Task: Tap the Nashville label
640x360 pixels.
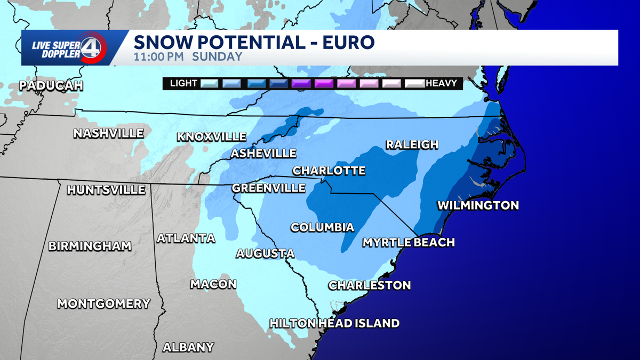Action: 109,133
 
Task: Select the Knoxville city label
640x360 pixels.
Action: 212,137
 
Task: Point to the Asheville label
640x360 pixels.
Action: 263,154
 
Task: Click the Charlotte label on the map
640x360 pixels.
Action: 329,171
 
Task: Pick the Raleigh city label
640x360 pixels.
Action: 412,145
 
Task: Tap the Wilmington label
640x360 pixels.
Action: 478,205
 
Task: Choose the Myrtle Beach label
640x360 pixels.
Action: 409,243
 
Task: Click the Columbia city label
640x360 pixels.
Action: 322,227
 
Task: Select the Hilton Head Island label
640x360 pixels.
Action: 334,323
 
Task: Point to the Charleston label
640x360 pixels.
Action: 370,285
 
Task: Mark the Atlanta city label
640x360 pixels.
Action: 186,238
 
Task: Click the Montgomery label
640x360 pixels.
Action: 104,303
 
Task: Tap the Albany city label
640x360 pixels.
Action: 188,347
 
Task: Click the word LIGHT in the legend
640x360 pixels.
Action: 183,83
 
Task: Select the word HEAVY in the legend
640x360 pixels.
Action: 441,83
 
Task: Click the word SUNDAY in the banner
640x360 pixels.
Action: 217,57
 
